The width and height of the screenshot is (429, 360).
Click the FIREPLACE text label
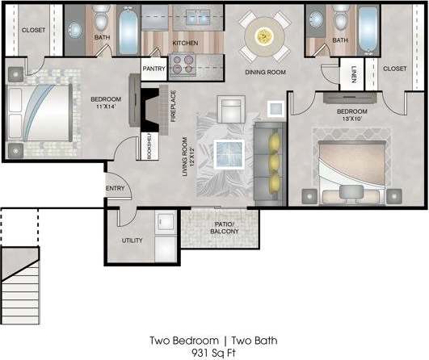point(173,105)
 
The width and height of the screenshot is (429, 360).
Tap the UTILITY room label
point(132,241)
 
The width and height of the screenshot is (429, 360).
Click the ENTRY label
point(115,190)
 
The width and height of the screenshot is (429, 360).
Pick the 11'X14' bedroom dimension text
point(106,107)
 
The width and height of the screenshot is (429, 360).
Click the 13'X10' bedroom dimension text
point(352,118)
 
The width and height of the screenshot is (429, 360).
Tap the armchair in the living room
point(232,107)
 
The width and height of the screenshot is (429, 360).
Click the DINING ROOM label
point(266,72)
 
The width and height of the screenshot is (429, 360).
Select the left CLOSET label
point(33,30)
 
